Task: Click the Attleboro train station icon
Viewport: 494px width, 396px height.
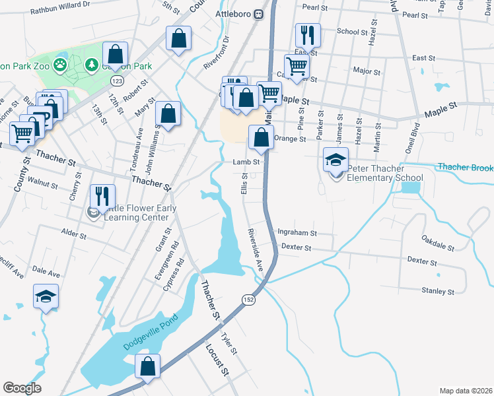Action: click(x=260, y=13)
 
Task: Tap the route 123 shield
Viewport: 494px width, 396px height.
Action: click(x=117, y=81)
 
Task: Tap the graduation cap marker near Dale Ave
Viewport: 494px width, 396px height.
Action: click(x=46, y=297)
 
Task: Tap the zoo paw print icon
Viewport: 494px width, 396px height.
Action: click(x=60, y=65)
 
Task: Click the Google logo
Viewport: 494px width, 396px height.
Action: click(x=22, y=388)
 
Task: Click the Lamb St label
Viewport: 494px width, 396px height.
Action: click(x=244, y=162)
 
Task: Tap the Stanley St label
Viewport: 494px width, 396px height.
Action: click(x=438, y=291)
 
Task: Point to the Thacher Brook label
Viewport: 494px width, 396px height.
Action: click(x=465, y=168)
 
